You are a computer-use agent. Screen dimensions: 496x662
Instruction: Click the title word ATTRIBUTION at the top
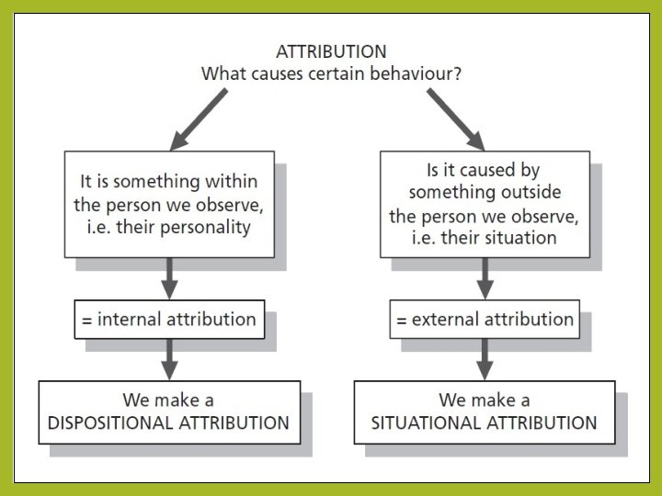tap(331, 51)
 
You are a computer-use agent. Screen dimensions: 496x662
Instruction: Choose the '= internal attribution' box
tap(169, 321)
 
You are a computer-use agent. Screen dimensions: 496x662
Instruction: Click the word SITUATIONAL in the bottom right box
tap(420, 423)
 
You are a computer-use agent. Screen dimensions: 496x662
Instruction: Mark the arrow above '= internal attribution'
tap(169, 277)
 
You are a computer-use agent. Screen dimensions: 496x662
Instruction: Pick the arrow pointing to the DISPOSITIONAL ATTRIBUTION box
tap(169, 359)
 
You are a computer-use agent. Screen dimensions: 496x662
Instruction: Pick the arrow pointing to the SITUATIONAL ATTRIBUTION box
tap(485, 359)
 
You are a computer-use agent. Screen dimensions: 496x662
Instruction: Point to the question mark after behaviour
tap(458, 73)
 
